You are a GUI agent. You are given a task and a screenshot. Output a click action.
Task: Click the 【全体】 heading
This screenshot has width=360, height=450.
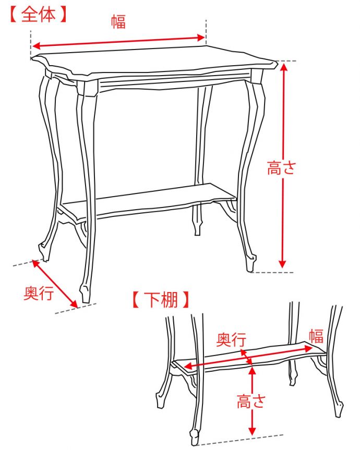pos(39,15)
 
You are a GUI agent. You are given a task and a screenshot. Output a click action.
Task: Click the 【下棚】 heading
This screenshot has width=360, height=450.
pos(161,300)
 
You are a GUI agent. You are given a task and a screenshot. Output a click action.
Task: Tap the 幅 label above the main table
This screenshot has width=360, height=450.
pos(118,21)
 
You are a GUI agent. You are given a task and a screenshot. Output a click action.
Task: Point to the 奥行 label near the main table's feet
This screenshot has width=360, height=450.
pos(39,293)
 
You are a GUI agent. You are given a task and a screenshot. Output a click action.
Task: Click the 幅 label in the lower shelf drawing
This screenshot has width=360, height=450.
pos(316,336)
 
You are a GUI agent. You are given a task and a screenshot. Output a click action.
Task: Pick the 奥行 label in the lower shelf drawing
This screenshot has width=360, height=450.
pos(231,339)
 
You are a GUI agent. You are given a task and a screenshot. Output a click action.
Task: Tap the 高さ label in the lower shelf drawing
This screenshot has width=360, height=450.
pos(250,401)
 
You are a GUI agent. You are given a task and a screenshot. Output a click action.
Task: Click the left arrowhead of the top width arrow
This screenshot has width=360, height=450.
pos(36,46)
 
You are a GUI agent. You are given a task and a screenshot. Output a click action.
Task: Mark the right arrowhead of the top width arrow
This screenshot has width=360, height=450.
pos(201,38)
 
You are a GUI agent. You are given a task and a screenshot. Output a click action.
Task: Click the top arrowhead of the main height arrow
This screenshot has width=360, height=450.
pos(284,67)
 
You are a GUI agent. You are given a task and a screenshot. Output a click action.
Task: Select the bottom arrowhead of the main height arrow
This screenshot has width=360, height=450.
pos(282,264)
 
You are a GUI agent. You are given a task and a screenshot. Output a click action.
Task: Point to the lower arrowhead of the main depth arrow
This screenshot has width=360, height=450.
pos(74,303)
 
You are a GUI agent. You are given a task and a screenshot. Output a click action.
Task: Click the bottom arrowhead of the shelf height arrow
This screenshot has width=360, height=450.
pos(252,431)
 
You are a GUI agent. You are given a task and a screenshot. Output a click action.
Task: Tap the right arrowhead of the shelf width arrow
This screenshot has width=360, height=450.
pos(308,348)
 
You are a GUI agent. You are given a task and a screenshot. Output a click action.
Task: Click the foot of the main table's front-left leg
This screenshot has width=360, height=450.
pos(85,293)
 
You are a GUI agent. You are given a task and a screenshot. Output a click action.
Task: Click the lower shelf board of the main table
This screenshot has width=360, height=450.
pos(149,201)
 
